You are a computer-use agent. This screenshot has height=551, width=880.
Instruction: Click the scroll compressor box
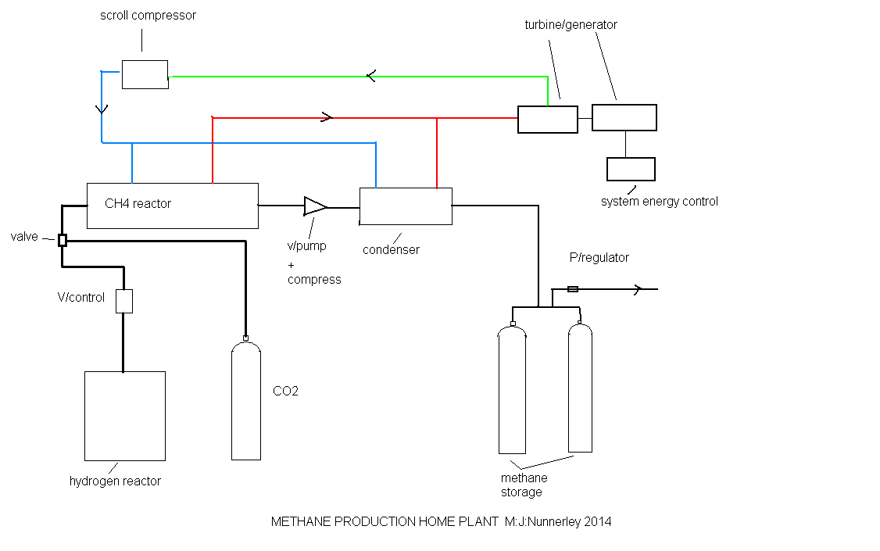[x=145, y=74]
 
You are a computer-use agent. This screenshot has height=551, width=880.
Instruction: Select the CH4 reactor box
[x=172, y=206]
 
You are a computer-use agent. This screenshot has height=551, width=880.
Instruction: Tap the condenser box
[x=406, y=206]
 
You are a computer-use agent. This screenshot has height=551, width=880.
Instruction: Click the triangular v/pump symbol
[x=315, y=206]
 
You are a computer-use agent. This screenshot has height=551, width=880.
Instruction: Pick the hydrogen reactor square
[x=125, y=416]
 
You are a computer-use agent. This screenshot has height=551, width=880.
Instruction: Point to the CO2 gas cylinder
[x=246, y=400]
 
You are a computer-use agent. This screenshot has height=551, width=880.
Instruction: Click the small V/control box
[x=124, y=301]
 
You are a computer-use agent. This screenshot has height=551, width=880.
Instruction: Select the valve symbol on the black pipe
[x=63, y=240]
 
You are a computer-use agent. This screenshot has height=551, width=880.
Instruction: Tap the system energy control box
[x=631, y=169]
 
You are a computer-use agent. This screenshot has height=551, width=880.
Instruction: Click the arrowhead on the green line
[x=371, y=76]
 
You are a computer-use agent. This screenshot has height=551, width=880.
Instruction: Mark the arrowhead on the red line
[x=327, y=118]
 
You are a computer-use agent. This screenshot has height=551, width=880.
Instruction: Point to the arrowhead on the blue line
[x=102, y=109]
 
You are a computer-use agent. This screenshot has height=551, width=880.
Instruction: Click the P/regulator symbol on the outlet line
[x=573, y=289]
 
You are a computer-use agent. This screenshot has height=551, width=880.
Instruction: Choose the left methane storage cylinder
[x=513, y=391]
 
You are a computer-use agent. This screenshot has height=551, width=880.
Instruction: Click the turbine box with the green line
[x=548, y=120]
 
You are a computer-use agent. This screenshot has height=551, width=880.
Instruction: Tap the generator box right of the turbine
[x=624, y=117]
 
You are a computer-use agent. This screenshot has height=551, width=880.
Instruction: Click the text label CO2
[x=285, y=392]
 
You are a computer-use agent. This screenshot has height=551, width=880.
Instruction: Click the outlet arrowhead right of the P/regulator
[x=637, y=289]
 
